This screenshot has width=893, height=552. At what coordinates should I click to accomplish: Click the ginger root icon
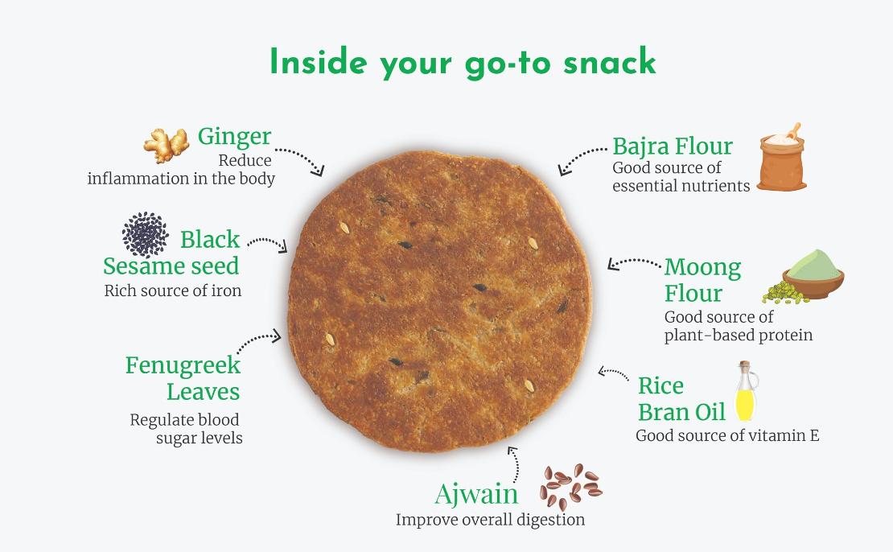[x=166, y=145]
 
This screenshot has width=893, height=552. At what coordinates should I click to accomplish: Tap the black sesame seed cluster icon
[x=146, y=234]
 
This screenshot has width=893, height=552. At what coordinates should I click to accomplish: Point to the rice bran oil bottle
[x=746, y=391]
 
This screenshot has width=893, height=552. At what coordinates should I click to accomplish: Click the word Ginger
[x=234, y=138]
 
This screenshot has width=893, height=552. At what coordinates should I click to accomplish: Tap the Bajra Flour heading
[x=672, y=146]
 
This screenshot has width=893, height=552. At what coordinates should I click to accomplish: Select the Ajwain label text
[x=476, y=494]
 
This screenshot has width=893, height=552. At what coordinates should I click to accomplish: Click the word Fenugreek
[x=183, y=366]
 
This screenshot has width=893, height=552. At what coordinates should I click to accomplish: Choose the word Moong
[x=703, y=267]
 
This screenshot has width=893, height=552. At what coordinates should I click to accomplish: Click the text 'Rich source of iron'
[x=172, y=290]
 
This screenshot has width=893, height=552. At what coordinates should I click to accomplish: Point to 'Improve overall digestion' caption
[x=491, y=520]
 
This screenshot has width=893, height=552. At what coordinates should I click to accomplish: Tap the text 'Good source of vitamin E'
[x=727, y=436]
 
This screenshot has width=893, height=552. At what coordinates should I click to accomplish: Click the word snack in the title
[x=609, y=61]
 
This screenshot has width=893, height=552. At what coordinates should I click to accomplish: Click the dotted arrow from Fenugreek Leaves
[x=257, y=339]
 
